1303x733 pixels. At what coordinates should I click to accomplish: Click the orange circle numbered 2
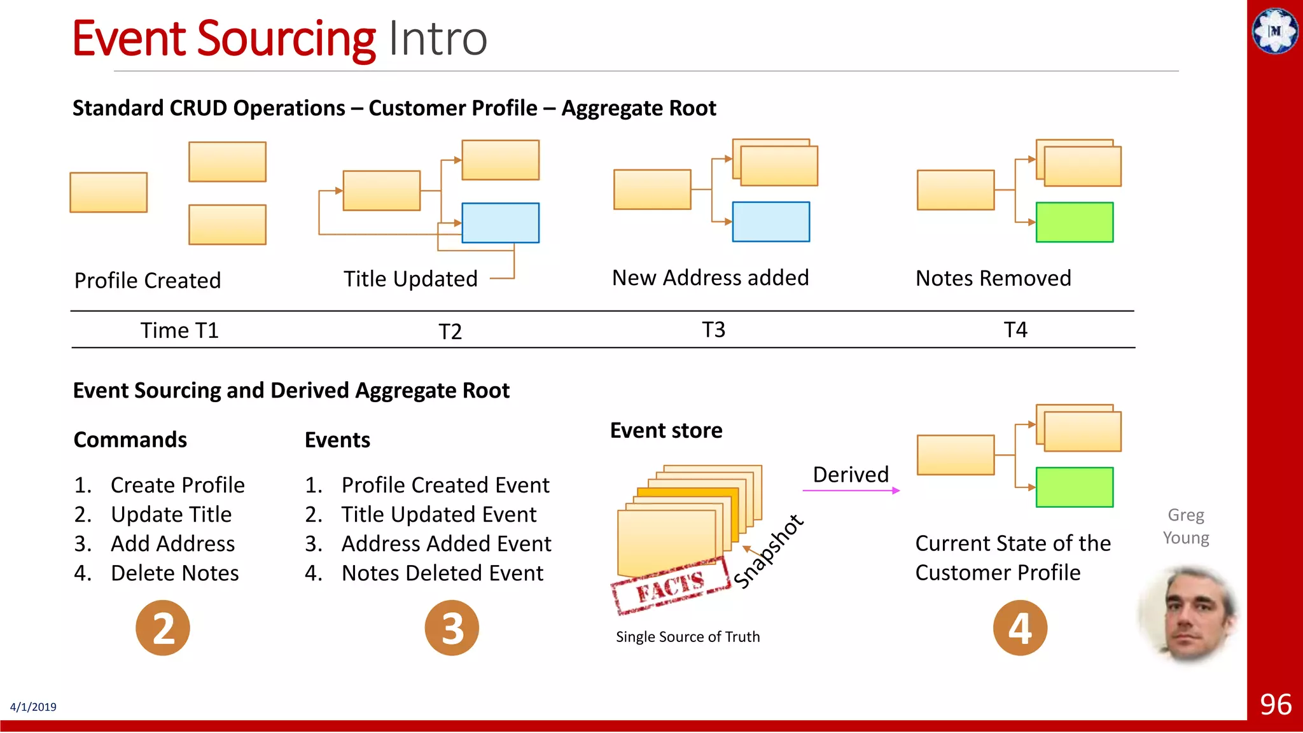click(x=163, y=628)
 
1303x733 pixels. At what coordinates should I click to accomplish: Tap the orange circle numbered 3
click(x=452, y=628)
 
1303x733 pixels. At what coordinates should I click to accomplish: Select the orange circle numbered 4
click(x=1020, y=628)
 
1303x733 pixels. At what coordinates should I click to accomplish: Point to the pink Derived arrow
click(x=851, y=491)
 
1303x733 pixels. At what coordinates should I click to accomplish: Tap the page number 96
click(x=1275, y=704)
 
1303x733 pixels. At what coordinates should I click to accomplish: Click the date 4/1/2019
click(x=33, y=707)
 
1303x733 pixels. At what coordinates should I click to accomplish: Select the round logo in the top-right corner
click(x=1275, y=31)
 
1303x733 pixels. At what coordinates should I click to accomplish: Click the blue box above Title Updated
click(x=500, y=223)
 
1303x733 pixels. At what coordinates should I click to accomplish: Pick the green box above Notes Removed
click(x=1075, y=222)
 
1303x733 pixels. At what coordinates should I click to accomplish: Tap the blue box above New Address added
click(x=770, y=221)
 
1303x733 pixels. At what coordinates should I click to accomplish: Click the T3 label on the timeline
click(x=713, y=330)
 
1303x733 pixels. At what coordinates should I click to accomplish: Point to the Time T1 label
click(x=179, y=330)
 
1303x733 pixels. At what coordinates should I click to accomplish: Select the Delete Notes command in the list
click(x=174, y=573)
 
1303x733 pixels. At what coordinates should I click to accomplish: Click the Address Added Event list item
click(x=445, y=544)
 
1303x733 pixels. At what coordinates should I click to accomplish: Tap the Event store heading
click(x=666, y=431)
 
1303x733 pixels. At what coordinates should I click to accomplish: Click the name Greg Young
click(x=1186, y=526)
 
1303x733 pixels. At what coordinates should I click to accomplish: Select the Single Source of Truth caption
click(x=688, y=637)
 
